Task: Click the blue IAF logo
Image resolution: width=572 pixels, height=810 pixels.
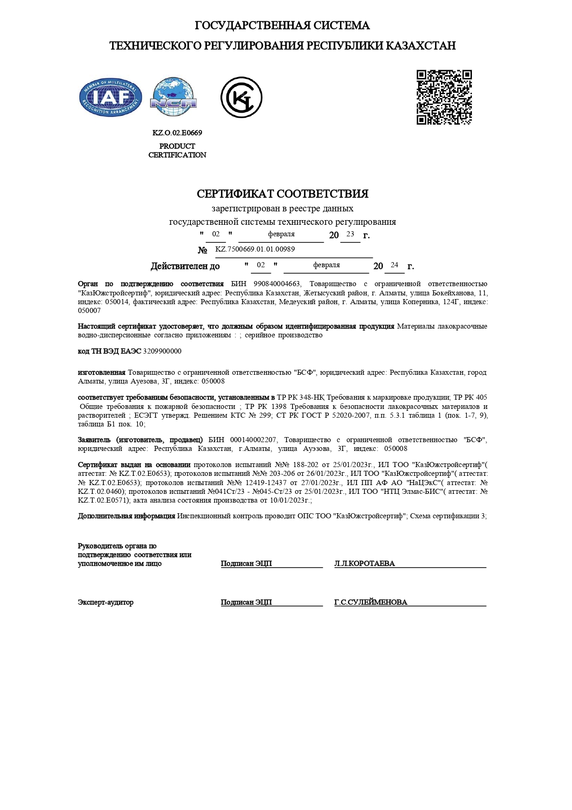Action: tap(111, 97)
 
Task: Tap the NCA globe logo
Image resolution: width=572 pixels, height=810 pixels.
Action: tap(173, 97)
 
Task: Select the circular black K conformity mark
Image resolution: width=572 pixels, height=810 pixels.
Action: tap(241, 97)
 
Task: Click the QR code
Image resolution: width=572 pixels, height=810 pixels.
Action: tap(444, 97)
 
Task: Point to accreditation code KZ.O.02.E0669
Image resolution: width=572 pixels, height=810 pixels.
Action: tap(177, 133)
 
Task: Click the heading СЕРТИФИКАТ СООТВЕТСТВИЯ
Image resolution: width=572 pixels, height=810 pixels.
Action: tap(282, 194)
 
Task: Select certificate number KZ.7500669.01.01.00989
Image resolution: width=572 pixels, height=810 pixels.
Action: tap(255, 249)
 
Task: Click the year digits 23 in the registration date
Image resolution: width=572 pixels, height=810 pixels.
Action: tap(350, 234)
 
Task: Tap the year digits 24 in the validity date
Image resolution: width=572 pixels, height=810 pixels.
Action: tap(394, 265)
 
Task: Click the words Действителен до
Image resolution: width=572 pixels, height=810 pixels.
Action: tap(185, 266)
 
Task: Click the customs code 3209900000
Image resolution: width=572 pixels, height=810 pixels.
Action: tap(162, 351)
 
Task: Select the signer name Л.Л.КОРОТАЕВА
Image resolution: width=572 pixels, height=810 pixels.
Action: tap(364, 564)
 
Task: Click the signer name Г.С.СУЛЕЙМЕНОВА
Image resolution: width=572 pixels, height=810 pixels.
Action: tap(370, 602)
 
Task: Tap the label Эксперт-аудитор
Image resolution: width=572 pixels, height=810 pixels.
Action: tap(106, 602)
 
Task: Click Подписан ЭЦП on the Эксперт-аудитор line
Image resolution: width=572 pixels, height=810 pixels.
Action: tap(246, 602)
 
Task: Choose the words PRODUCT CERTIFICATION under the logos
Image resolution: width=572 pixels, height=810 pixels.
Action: tap(177, 150)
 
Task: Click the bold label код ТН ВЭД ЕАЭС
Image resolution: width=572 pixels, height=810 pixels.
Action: tap(109, 351)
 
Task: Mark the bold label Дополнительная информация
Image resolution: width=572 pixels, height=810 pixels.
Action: tap(126, 516)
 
